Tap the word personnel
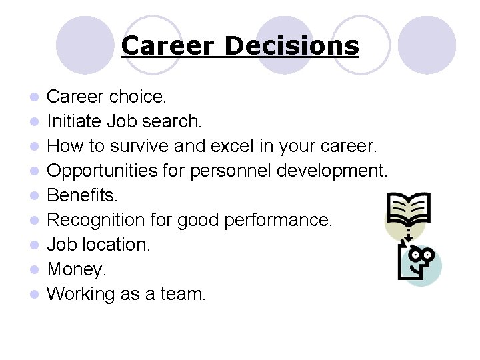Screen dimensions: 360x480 pyautogui.click(x=221, y=171)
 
